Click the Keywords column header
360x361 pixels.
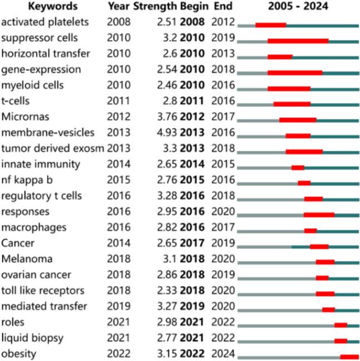click(x=37, y=7)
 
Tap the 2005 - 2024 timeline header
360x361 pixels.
click(x=298, y=7)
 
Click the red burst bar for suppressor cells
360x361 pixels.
click(x=298, y=41)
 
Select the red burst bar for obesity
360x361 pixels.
click(x=349, y=357)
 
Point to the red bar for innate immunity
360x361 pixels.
click(x=298, y=167)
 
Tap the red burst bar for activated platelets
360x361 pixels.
click(x=271, y=25)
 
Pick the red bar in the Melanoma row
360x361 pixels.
click(x=325, y=262)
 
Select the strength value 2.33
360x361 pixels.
click(x=168, y=290)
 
